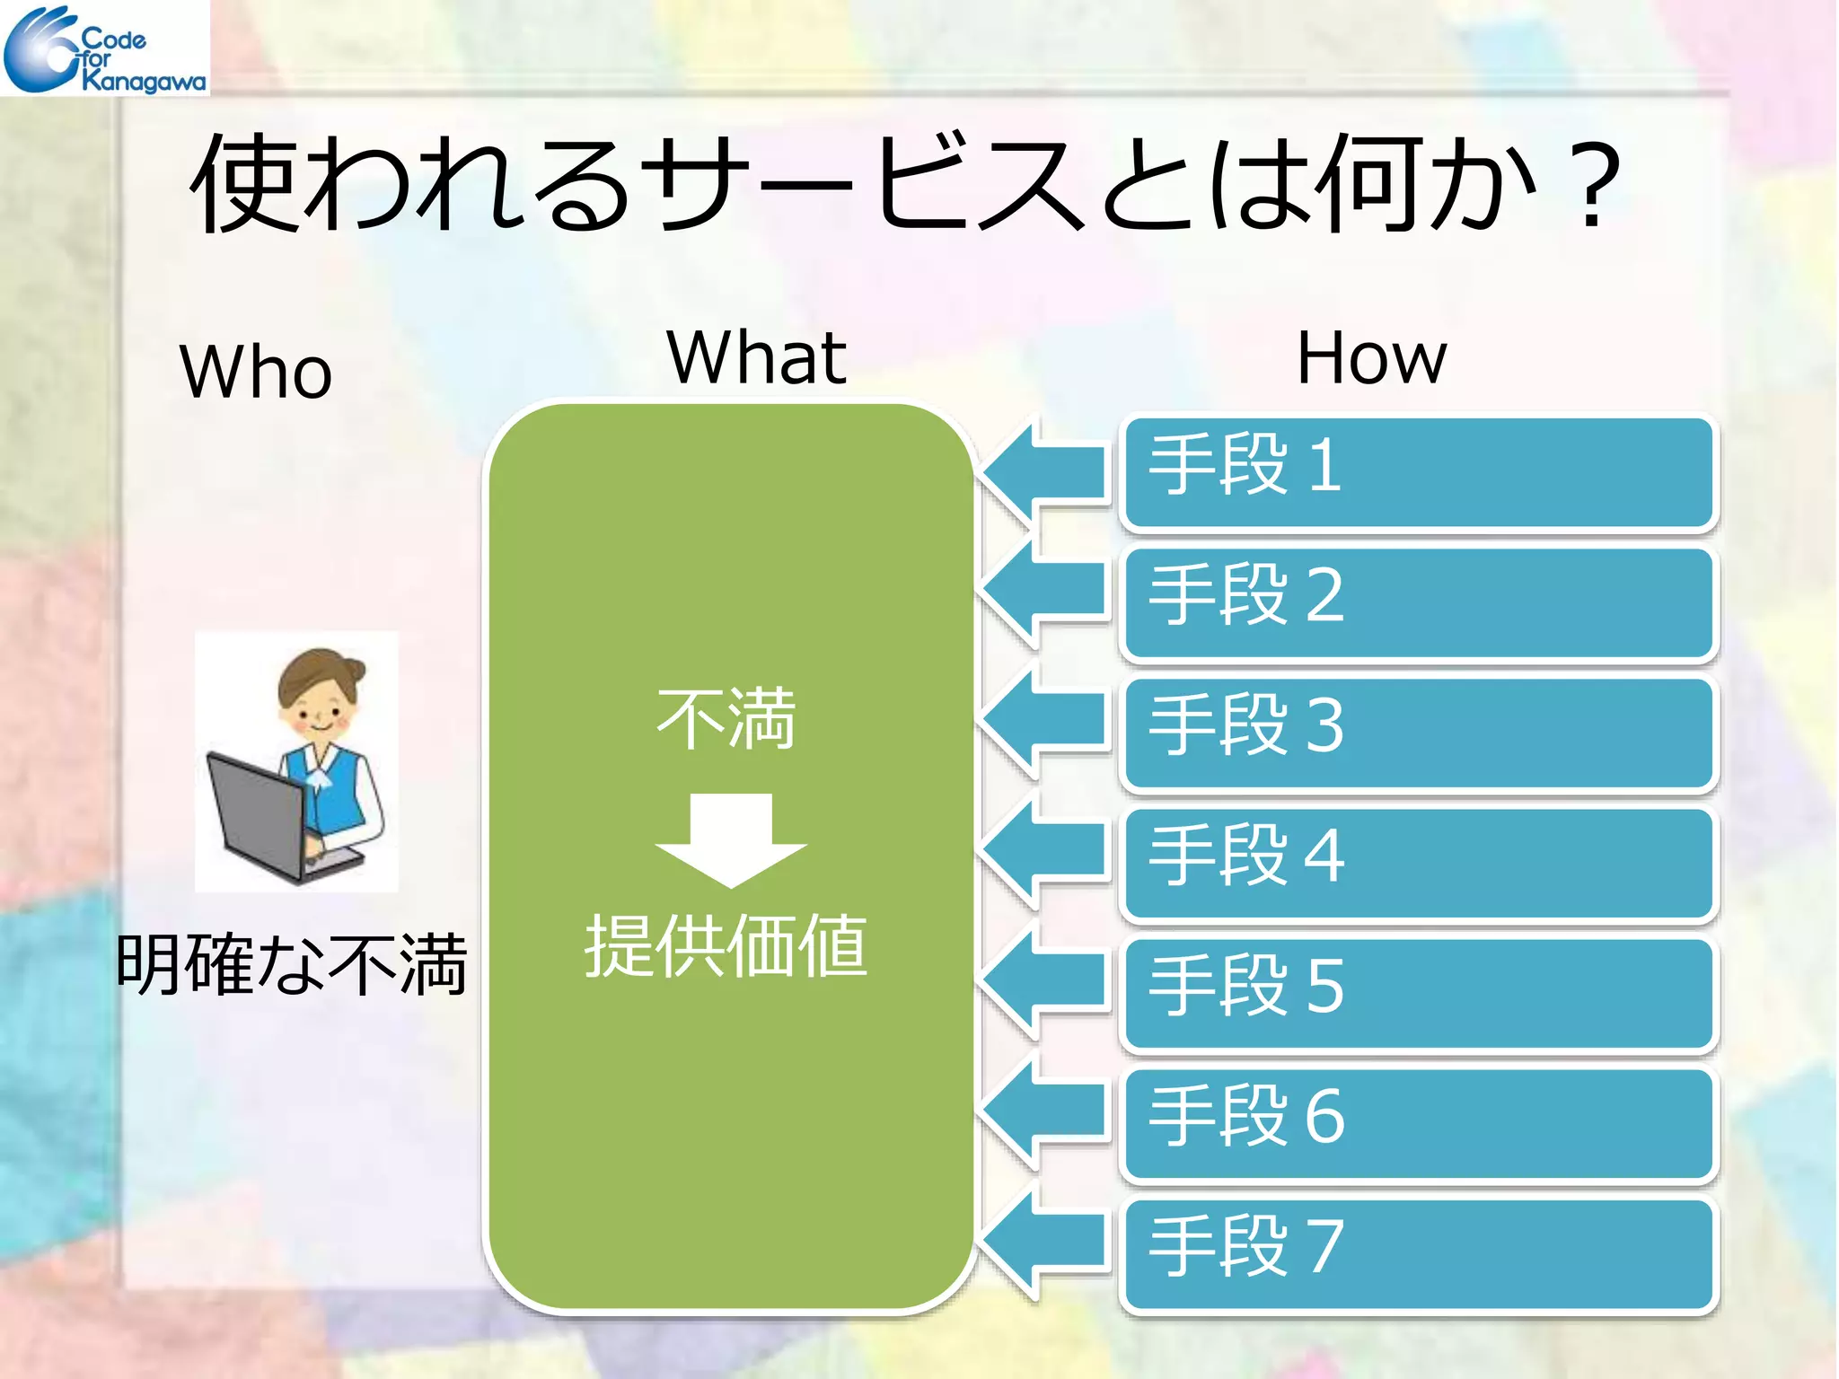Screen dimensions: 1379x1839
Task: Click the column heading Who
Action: [x=256, y=372]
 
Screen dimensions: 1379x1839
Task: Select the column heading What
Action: [x=756, y=357]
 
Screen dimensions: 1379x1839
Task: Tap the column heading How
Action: [x=1371, y=358]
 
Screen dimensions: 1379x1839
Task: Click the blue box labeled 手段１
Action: [x=1419, y=472]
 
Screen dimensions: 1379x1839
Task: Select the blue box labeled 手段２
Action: [x=1419, y=602]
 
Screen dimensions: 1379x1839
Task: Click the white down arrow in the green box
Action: [x=731, y=839]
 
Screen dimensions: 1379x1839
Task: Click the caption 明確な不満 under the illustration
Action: [x=291, y=965]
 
